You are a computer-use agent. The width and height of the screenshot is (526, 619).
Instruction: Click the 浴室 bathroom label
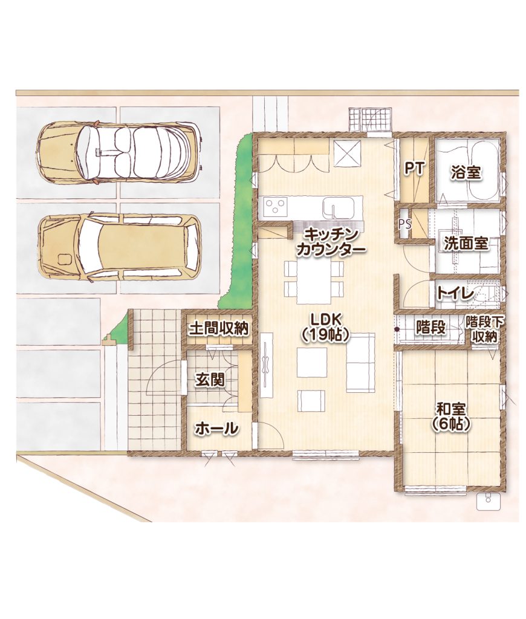[466, 173]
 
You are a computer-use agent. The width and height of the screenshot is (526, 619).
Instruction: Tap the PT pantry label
[414, 169]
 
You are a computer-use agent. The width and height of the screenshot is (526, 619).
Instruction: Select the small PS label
[404, 224]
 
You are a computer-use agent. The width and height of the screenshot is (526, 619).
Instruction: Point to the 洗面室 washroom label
[466, 243]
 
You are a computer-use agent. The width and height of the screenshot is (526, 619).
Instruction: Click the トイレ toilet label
[455, 293]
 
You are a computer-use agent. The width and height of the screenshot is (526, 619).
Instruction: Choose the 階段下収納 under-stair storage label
[484, 329]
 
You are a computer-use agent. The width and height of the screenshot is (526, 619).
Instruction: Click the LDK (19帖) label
[325, 327]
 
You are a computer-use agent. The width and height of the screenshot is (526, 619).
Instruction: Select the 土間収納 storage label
[218, 328]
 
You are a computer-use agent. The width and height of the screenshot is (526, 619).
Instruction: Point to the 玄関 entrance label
[210, 380]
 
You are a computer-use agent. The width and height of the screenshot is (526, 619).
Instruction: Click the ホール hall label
[217, 429]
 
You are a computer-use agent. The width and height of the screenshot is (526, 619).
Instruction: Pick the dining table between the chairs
[314, 282]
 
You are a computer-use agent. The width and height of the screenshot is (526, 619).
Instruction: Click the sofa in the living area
[360, 363]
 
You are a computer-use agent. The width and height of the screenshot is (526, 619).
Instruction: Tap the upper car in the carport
[119, 152]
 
